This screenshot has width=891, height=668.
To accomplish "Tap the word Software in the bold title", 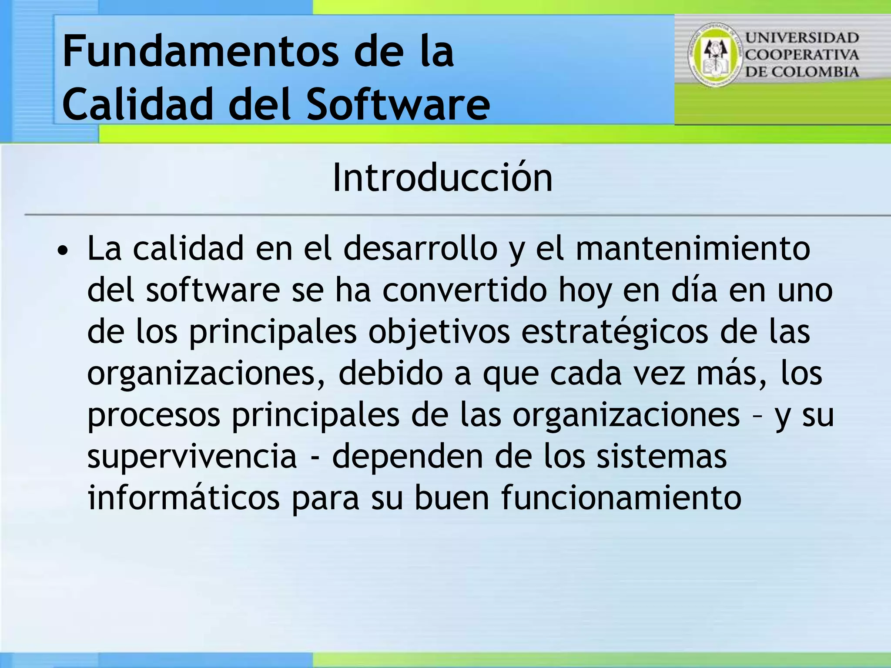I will (x=398, y=104).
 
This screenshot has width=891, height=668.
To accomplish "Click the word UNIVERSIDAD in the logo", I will (x=802, y=38).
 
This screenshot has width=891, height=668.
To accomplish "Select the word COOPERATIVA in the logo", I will (x=802, y=55).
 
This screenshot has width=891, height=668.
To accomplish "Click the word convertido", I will (x=464, y=291).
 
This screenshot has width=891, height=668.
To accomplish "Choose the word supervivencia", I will (x=192, y=457).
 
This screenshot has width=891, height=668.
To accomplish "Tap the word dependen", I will (x=408, y=457).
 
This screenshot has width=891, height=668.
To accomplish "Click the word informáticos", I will (x=184, y=498).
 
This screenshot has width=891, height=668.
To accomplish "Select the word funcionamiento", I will (x=621, y=498).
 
